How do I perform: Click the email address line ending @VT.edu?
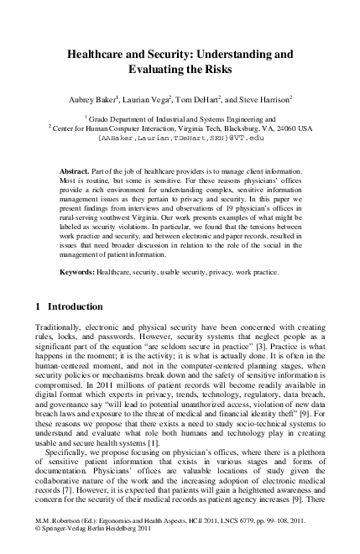[180, 138]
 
